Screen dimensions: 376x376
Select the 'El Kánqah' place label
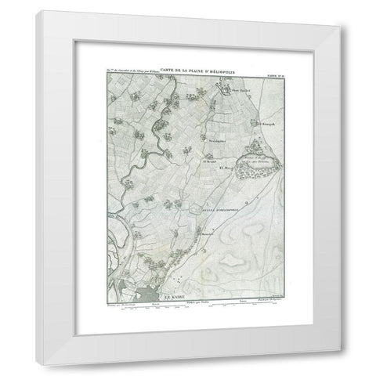point(265,124)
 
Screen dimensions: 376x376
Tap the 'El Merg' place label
point(226,168)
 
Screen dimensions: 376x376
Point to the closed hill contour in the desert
point(235,235)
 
